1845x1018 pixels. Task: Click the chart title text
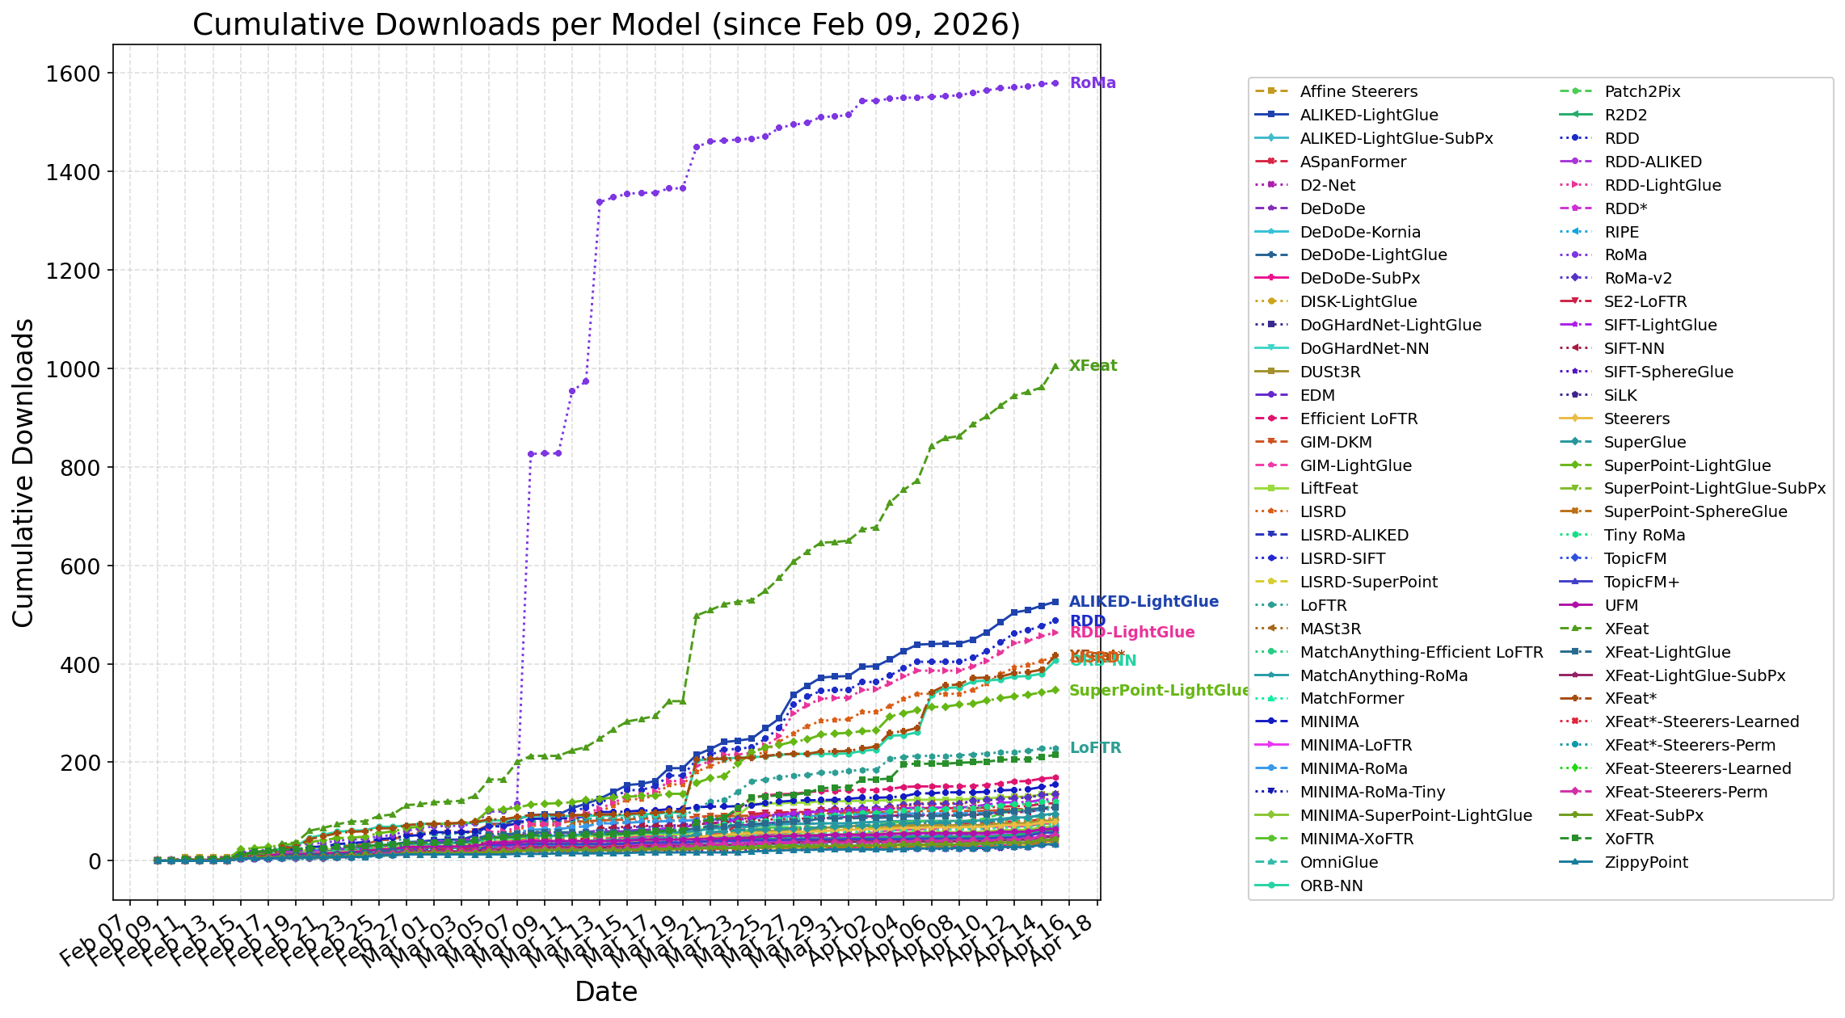pos(606,24)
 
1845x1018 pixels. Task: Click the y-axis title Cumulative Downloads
pos(23,473)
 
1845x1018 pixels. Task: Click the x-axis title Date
pos(606,991)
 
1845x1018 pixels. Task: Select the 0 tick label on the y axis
pos(95,861)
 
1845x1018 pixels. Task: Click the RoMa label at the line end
pos(1093,83)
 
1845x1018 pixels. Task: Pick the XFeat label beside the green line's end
pos(1093,366)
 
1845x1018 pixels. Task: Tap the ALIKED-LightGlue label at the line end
pos(1144,602)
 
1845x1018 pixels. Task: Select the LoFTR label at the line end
pos(1095,748)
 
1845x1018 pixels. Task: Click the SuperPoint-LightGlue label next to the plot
pos(1159,691)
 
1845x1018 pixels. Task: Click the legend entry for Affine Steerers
pos(1358,92)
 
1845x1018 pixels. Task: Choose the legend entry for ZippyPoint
pos(1645,863)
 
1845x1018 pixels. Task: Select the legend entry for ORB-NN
pos(1331,886)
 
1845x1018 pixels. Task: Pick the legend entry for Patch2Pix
pos(1642,92)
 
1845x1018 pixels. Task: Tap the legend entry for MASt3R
pos(1330,629)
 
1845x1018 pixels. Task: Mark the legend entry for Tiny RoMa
pos(1645,536)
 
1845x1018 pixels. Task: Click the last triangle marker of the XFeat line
pos(1055,366)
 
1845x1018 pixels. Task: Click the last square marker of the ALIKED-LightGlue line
pos(1055,602)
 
